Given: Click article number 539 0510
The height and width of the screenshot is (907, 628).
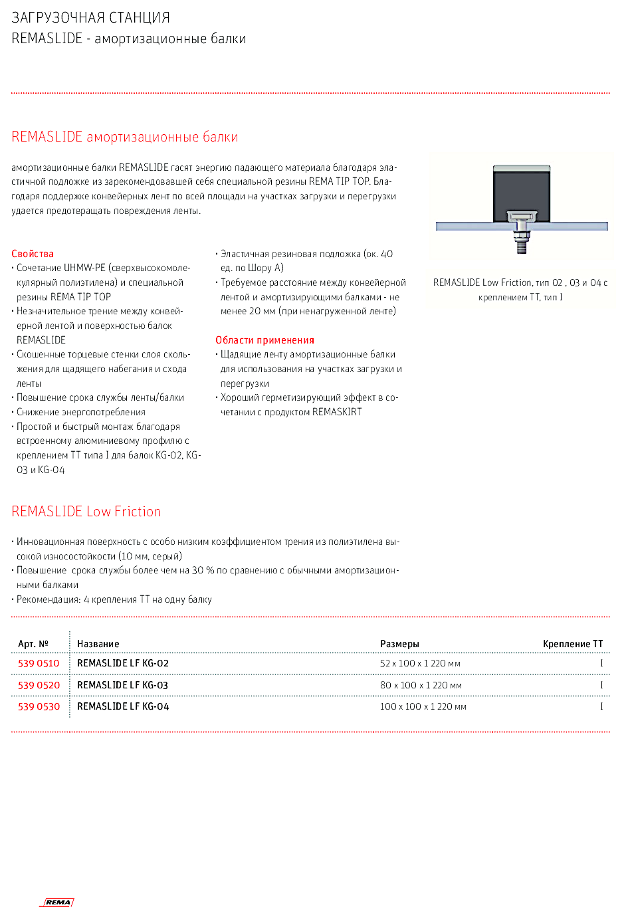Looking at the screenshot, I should click(39, 663).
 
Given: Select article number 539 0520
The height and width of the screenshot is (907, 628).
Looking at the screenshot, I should click(39, 685).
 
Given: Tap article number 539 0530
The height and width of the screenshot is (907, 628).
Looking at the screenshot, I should click(39, 706).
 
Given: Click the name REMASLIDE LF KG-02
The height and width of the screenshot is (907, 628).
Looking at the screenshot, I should click(123, 663).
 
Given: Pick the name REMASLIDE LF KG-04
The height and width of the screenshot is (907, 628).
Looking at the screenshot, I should click(123, 706).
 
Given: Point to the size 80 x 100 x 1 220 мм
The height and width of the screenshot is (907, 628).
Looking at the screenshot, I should click(421, 685).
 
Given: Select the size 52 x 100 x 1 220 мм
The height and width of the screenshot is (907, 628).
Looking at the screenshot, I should click(420, 663).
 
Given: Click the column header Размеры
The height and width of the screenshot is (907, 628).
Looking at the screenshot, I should click(399, 644).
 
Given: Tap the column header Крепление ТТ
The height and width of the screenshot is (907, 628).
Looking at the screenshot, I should click(573, 644).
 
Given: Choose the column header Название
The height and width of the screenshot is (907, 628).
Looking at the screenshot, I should click(98, 644).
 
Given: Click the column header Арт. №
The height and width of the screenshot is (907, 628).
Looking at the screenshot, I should click(33, 644).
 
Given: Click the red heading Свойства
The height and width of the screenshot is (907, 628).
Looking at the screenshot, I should click(33, 254).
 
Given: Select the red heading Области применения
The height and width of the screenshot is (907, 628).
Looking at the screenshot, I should click(264, 340).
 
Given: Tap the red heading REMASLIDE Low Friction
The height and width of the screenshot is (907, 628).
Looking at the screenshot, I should click(86, 512).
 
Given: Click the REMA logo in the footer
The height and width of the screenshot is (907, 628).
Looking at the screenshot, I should click(58, 902).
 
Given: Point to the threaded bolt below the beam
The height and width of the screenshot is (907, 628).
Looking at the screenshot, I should click(522, 245).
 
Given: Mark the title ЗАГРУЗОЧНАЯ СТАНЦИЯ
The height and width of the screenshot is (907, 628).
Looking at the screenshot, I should click(91, 18).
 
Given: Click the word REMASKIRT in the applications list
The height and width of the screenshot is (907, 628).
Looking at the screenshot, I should click(337, 412).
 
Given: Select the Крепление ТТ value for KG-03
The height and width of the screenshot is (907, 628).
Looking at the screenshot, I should click(601, 685).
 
